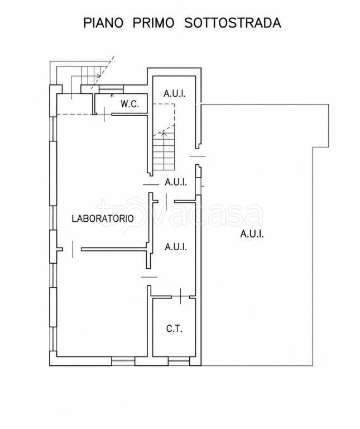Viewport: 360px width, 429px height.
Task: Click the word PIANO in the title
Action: [103, 23]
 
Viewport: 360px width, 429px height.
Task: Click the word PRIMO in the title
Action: [153, 23]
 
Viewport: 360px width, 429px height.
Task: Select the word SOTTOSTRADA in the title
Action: [233, 23]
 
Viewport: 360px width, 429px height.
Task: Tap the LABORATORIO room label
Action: [103, 218]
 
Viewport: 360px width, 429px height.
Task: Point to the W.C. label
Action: [130, 104]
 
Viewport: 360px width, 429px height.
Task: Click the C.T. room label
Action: [174, 328]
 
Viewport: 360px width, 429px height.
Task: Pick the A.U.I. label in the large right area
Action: [252, 234]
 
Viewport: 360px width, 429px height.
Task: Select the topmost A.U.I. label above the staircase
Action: [175, 94]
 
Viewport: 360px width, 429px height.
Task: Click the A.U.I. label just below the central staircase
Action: [176, 182]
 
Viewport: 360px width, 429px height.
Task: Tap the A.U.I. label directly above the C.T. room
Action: [176, 247]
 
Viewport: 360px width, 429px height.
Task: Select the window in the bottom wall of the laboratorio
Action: [123, 362]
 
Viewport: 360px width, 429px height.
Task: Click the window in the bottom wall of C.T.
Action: [179, 362]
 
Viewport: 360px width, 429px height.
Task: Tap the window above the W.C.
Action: [111, 89]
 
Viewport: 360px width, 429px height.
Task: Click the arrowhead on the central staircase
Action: [164, 134]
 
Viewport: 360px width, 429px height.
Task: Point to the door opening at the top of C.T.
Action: [181, 297]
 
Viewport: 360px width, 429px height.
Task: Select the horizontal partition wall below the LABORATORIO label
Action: [114, 249]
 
